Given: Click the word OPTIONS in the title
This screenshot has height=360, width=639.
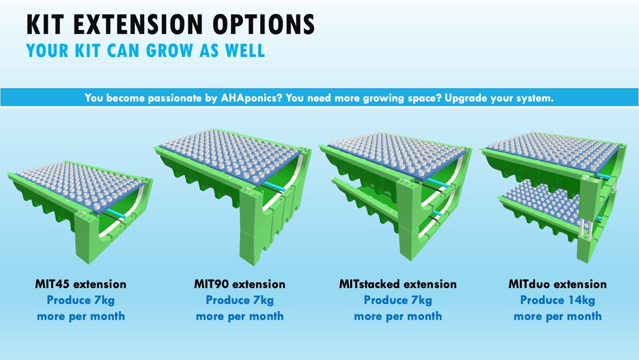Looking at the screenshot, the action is (x=264, y=24).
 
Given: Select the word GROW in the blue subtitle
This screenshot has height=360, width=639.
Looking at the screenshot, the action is (x=170, y=51).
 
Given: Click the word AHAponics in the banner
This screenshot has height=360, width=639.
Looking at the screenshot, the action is (x=251, y=98).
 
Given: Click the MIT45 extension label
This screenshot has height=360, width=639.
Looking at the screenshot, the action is (x=81, y=284).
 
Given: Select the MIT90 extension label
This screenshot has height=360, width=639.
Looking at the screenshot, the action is (x=240, y=284).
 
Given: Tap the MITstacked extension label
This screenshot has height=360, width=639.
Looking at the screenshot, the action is (x=398, y=284).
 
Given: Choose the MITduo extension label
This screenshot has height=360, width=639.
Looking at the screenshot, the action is (x=558, y=284).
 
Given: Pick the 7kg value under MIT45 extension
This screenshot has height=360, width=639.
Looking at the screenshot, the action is (x=104, y=300).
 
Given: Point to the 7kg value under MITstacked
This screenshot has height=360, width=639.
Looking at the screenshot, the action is (x=422, y=300).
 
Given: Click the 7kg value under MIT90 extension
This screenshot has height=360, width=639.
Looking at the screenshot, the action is (x=263, y=300).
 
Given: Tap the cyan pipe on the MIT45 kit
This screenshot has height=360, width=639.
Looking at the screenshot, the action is (x=116, y=214).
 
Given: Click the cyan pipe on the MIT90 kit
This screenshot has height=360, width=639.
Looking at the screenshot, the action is (x=274, y=186).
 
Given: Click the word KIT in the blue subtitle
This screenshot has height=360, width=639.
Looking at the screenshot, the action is (x=87, y=51).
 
